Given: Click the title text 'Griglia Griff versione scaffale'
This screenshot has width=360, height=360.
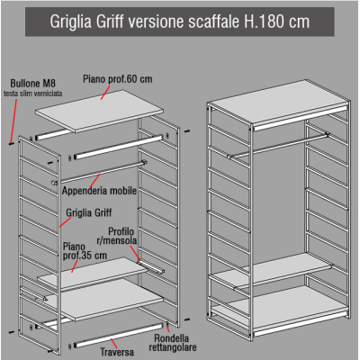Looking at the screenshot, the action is [145, 22].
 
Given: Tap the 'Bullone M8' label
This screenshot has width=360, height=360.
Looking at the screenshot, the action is [33, 83].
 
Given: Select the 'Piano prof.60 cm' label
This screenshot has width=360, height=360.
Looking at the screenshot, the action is [118, 79].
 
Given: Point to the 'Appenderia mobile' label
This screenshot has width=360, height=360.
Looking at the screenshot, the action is [99, 191].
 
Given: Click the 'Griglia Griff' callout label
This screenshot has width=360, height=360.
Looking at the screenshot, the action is [89, 212].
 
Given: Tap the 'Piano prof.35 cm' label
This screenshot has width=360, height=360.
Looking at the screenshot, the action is [85, 251].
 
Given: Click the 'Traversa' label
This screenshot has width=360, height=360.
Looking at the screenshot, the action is [117, 352].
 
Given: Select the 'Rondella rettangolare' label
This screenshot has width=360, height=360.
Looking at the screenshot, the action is [173, 343].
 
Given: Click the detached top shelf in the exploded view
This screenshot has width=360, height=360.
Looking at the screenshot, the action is [99, 111].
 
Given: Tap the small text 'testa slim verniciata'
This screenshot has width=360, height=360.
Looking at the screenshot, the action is [33, 94].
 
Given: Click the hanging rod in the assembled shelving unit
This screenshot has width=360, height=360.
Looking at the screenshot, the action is [278, 145].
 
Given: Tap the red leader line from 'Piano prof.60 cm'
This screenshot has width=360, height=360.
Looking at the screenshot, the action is [105, 93].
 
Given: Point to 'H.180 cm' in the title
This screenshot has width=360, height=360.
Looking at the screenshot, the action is [277, 22].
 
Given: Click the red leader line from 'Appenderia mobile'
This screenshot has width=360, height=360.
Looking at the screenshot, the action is [95, 181].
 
